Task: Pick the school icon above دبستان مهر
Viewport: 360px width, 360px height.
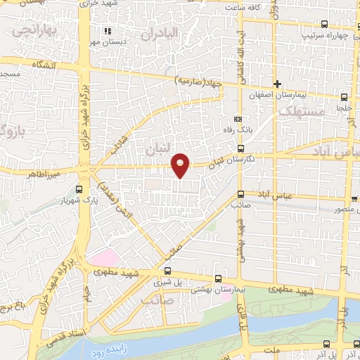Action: tap(108, 31)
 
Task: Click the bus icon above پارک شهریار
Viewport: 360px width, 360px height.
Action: tap(78, 189)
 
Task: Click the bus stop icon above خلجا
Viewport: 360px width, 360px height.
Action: tap(343, 98)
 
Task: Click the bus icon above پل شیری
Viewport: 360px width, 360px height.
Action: tap(167, 271)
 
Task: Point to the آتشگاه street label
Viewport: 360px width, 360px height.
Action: tap(42, 65)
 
